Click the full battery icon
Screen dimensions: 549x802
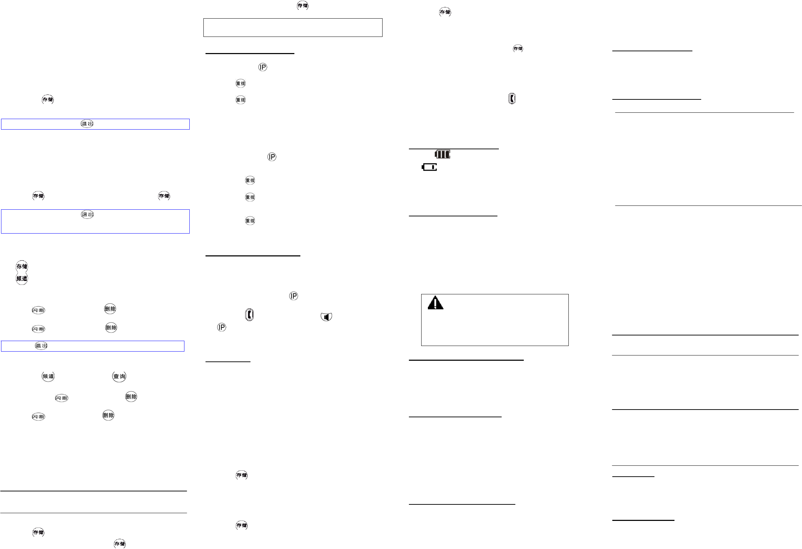pyautogui.click(x=442, y=154)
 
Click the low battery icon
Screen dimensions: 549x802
pyautogui.click(x=429, y=167)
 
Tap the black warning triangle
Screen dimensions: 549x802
pyautogui.click(x=435, y=303)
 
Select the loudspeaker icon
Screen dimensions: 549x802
pyautogui.click(x=326, y=317)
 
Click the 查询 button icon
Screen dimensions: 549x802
pyautogui.click(x=119, y=376)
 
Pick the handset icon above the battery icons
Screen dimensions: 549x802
pyautogui.click(x=512, y=99)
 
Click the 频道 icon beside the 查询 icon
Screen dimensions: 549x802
pyautogui.click(x=48, y=376)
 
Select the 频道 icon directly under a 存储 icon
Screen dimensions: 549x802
pyautogui.click(x=22, y=279)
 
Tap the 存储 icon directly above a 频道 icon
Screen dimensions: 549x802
pyautogui.click(x=22, y=266)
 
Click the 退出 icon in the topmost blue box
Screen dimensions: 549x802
pyautogui.click(x=87, y=124)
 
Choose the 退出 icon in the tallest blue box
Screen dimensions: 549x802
pyautogui.click(x=87, y=214)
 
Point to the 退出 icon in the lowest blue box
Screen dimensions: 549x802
pyautogui.click(x=41, y=346)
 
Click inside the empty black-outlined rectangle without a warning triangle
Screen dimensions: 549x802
pyautogui.click(x=293, y=27)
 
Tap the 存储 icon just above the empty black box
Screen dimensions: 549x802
pyautogui.click(x=302, y=5)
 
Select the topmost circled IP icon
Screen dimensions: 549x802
pyautogui.click(x=263, y=67)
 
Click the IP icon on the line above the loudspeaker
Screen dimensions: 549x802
pyautogui.click(x=293, y=296)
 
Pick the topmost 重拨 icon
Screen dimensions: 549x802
pyautogui.click(x=241, y=83)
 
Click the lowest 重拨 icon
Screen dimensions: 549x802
pyautogui.click(x=250, y=221)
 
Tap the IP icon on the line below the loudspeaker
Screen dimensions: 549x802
pyautogui.click(x=222, y=327)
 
